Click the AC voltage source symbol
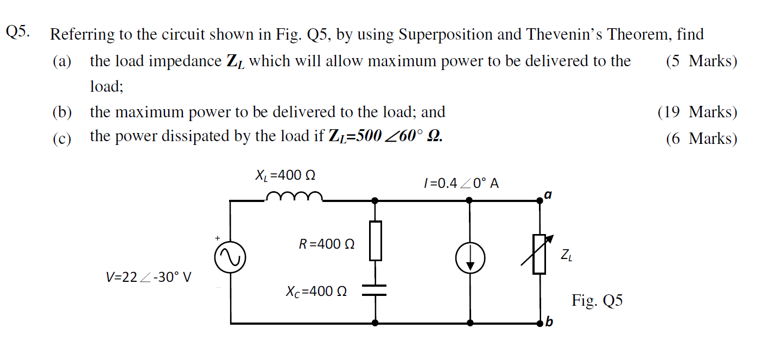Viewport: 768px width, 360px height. pos(231,258)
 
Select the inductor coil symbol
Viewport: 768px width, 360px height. pos(294,196)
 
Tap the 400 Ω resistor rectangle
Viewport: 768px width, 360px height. pos(376,240)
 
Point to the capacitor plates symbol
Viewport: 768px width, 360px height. pos(376,290)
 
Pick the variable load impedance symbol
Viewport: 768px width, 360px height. pos(539,254)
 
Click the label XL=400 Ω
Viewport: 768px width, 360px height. pos(285,175)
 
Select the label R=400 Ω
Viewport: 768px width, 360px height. pos(327,244)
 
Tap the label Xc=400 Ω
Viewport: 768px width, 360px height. pos(316,292)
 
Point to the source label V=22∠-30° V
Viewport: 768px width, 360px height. pos(148,277)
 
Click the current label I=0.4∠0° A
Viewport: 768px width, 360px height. pos(461,183)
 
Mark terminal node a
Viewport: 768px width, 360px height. pos(539,200)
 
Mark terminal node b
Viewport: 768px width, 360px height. pos(539,323)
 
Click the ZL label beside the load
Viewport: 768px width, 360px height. pos(566,254)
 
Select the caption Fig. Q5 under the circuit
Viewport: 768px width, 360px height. pos(597,300)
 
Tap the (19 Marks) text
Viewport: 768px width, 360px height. pos(697,112)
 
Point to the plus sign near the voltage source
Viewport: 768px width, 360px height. pos(217,238)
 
